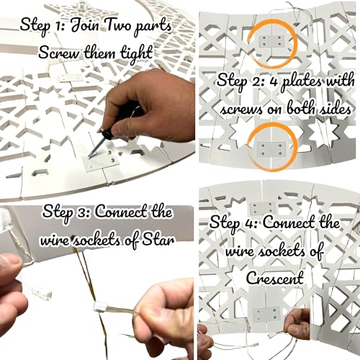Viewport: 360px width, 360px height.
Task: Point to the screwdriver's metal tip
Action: [x=89, y=157]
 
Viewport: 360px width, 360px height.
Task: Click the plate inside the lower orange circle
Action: [x=271, y=150]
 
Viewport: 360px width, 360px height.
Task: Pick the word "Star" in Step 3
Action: [x=158, y=240]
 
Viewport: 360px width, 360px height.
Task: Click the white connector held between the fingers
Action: [x=101, y=307]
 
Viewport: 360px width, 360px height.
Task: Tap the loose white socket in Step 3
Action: [x=42, y=292]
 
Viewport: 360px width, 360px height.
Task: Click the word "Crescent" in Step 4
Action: [x=275, y=279]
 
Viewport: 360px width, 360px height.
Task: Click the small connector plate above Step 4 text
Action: [x=262, y=209]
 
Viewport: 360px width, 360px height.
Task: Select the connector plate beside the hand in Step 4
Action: [x=267, y=314]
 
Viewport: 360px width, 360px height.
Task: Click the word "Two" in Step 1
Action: [x=117, y=26]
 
